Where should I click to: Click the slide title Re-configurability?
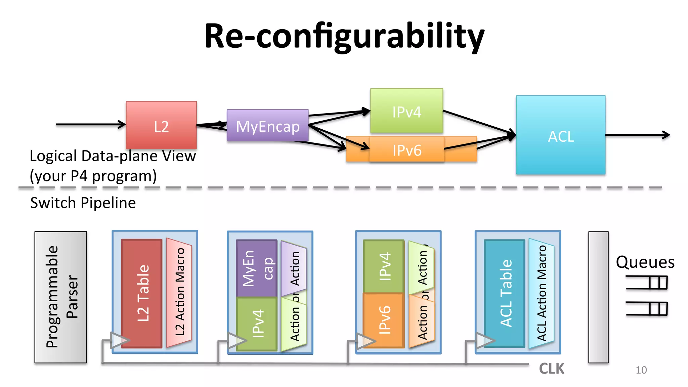point(344,36)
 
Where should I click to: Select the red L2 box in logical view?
point(161,125)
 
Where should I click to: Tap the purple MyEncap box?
point(268,126)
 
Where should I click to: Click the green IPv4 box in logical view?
point(406,111)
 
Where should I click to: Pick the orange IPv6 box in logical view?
point(407,150)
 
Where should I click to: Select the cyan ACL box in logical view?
point(561,135)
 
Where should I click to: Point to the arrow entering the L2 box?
point(91,124)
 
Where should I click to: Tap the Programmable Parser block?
point(61,297)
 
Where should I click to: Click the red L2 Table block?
point(142,293)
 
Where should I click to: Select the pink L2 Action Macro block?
point(179,292)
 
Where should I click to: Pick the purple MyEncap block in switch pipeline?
point(256,268)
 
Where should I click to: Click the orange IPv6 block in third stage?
point(384,320)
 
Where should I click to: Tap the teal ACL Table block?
point(505,293)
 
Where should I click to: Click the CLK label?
point(552,369)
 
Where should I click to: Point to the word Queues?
point(645,262)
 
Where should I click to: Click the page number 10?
point(641,370)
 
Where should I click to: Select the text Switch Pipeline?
point(83,203)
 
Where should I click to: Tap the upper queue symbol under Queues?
point(647,283)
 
